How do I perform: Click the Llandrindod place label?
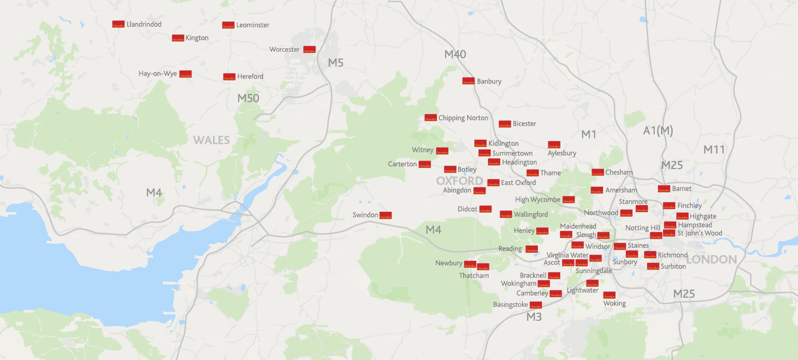(144, 24)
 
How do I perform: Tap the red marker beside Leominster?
(228, 25)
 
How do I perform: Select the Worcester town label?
(285, 50)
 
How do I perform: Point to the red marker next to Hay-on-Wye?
(185, 74)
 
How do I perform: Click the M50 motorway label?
(248, 98)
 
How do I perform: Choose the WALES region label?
(211, 140)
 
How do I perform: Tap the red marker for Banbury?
(468, 81)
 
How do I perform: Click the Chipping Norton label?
(463, 118)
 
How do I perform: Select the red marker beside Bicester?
(504, 124)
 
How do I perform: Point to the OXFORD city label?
(460, 180)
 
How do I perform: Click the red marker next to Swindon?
(386, 215)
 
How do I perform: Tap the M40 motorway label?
(455, 55)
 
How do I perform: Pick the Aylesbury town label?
(562, 153)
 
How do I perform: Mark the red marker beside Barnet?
(664, 189)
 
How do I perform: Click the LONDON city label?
(711, 260)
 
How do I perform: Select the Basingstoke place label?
(510, 305)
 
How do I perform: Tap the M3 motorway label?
(534, 317)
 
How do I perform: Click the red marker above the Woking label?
(609, 295)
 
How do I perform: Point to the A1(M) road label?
(658, 131)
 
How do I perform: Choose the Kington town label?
(197, 38)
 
